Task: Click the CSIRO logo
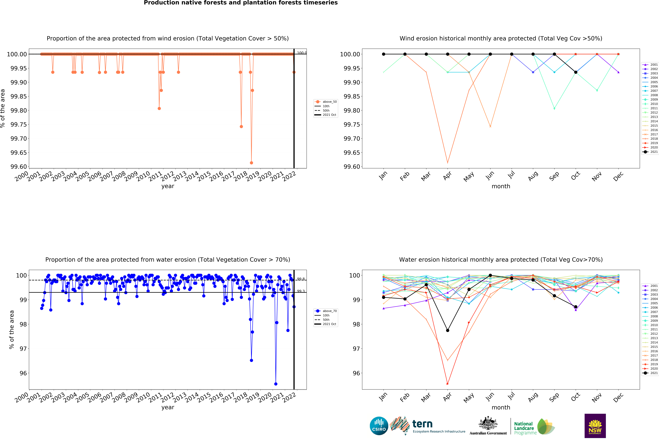point(379,426)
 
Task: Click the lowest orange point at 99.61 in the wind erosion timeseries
point(251,163)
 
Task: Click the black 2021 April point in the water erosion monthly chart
point(447,330)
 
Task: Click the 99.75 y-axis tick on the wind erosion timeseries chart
point(19,125)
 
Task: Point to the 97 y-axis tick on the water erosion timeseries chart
point(23,349)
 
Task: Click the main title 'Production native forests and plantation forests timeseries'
point(241,3)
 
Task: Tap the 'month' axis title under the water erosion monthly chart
point(501,407)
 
